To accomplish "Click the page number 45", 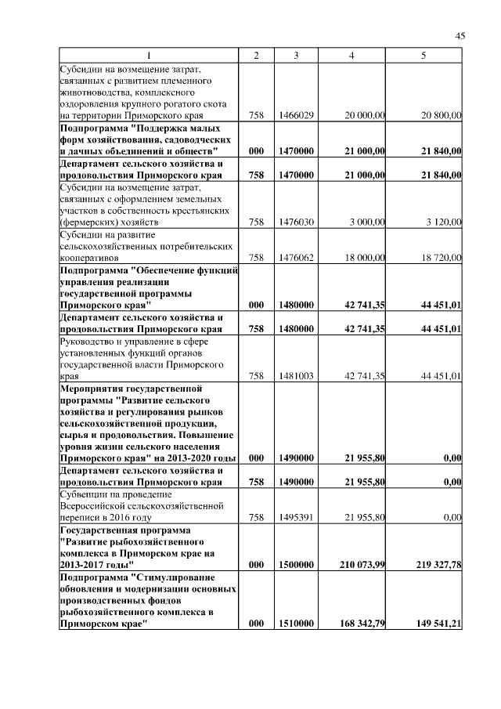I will coord(460,35).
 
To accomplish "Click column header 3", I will coord(296,56).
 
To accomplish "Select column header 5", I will coord(424,56).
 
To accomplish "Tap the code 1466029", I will coord(297,115).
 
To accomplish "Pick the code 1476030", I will coord(297,222).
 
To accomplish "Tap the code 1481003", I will coord(297,376).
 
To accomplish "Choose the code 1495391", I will coord(297,517).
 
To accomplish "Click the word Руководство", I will coord(88,341).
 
